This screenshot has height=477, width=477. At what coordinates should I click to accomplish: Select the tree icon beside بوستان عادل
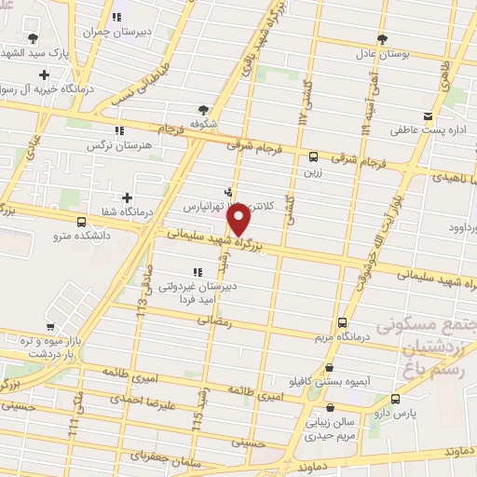(x=382, y=39)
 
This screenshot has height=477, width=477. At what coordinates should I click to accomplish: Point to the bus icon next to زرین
(x=313, y=157)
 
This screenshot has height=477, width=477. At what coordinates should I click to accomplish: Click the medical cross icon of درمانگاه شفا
(x=128, y=198)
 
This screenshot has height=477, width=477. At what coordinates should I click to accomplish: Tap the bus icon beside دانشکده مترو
(x=82, y=223)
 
